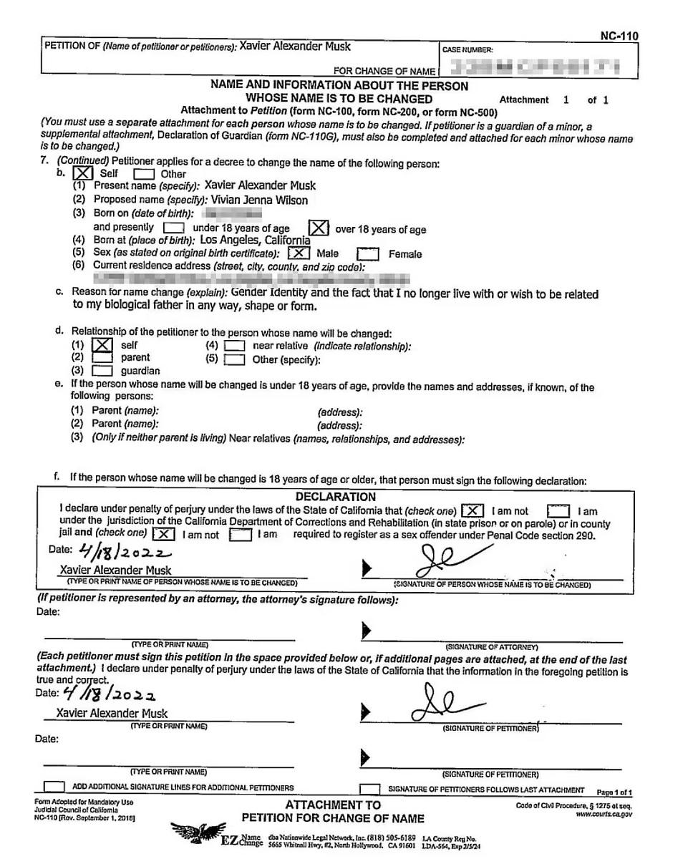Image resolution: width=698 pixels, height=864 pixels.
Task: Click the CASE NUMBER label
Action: [x=467, y=50]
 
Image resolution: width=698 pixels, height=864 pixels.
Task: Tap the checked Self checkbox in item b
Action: [x=84, y=173]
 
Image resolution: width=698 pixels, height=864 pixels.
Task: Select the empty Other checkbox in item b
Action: [x=143, y=174]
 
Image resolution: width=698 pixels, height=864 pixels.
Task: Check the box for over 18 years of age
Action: [x=319, y=228]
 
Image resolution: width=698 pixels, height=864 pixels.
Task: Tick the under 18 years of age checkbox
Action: [x=173, y=228]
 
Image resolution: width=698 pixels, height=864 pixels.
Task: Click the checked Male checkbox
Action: [x=299, y=253]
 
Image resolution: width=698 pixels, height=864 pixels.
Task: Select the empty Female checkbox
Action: [x=367, y=254]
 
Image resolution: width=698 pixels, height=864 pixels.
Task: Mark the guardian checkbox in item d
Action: [x=102, y=371]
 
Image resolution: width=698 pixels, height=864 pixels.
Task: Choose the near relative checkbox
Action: [x=233, y=346]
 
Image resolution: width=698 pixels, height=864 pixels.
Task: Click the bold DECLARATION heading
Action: [x=335, y=497]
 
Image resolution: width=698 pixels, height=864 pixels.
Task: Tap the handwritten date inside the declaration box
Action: [x=125, y=552]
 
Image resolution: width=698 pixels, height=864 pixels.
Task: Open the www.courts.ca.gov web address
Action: [x=604, y=814]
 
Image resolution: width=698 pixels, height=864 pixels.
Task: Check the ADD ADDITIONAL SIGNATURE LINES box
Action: [x=54, y=787]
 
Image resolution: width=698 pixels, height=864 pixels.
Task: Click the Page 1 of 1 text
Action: [x=614, y=792]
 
